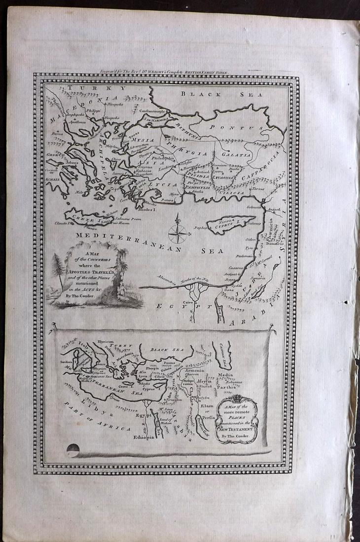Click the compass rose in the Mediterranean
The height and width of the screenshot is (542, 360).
(177, 233)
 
